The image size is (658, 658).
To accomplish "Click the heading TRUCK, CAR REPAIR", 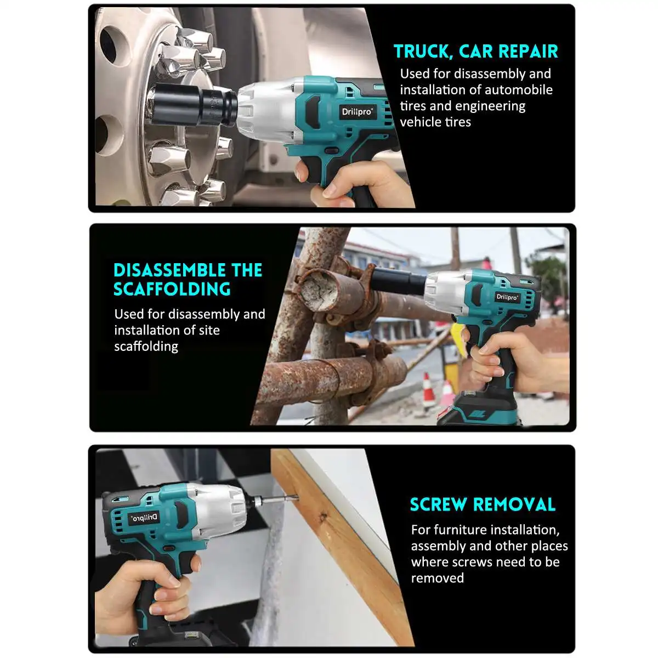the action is (x=475, y=52).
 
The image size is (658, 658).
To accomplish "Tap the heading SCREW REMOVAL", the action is (x=483, y=504).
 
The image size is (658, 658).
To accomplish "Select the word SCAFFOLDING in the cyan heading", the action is (x=172, y=289).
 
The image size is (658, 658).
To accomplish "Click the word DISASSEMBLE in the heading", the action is (x=169, y=270).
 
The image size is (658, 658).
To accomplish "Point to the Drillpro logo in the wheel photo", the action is (x=357, y=112).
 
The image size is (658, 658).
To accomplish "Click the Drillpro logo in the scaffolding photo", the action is (x=507, y=297).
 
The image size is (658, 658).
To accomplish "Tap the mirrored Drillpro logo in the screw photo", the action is (x=144, y=518).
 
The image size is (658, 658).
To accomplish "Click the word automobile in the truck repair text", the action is (x=519, y=90).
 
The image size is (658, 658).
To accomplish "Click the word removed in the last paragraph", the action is (x=438, y=578).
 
